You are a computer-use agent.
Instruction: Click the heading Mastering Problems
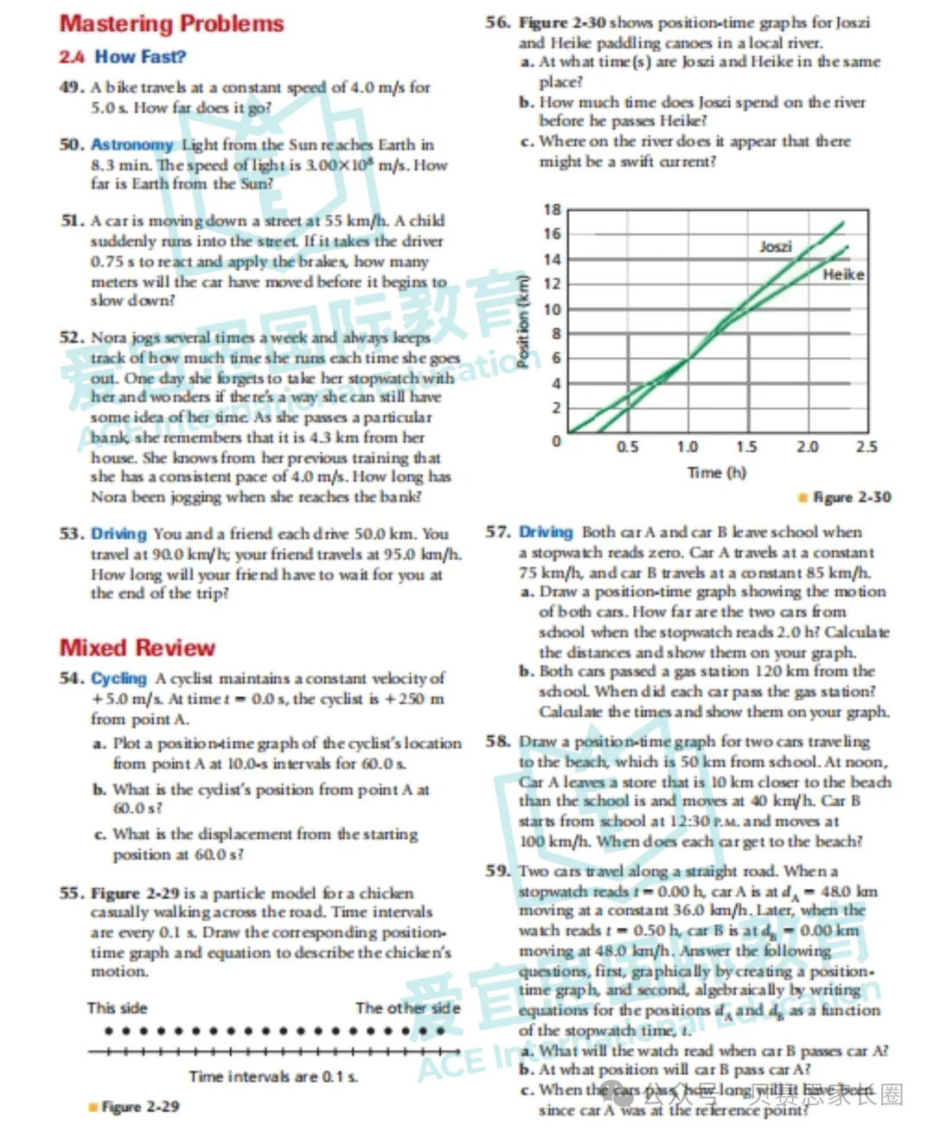(x=171, y=23)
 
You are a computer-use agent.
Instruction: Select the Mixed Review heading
(x=137, y=648)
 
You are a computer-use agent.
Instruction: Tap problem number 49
(x=72, y=87)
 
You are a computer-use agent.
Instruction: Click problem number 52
(x=72, y=337)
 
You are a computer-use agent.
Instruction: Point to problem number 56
(x=497, y=22)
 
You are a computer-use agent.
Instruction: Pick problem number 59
(x=497, y=871)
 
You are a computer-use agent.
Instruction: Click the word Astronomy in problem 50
(x=132, y=144)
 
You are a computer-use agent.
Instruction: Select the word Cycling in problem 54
(x=119, y=679)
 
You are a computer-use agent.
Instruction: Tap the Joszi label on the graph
(x=775, y=247)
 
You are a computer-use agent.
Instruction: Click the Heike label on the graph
(x=842, y=274)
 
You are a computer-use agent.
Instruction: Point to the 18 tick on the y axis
(x=552, y=209)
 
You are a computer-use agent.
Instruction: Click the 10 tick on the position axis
(x=552, y=310)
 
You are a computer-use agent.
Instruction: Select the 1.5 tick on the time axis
(x=746, y=447)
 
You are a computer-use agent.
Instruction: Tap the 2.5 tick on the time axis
(x=866, y=447)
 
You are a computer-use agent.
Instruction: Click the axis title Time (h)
(x=716, y=472)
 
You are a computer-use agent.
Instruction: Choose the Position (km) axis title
(x=522, y=321)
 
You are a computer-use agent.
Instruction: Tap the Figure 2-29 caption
(x=138, y=1107)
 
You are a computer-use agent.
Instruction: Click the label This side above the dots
(x=117, y=1008)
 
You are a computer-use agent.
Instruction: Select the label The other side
(x=407, y=1008)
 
